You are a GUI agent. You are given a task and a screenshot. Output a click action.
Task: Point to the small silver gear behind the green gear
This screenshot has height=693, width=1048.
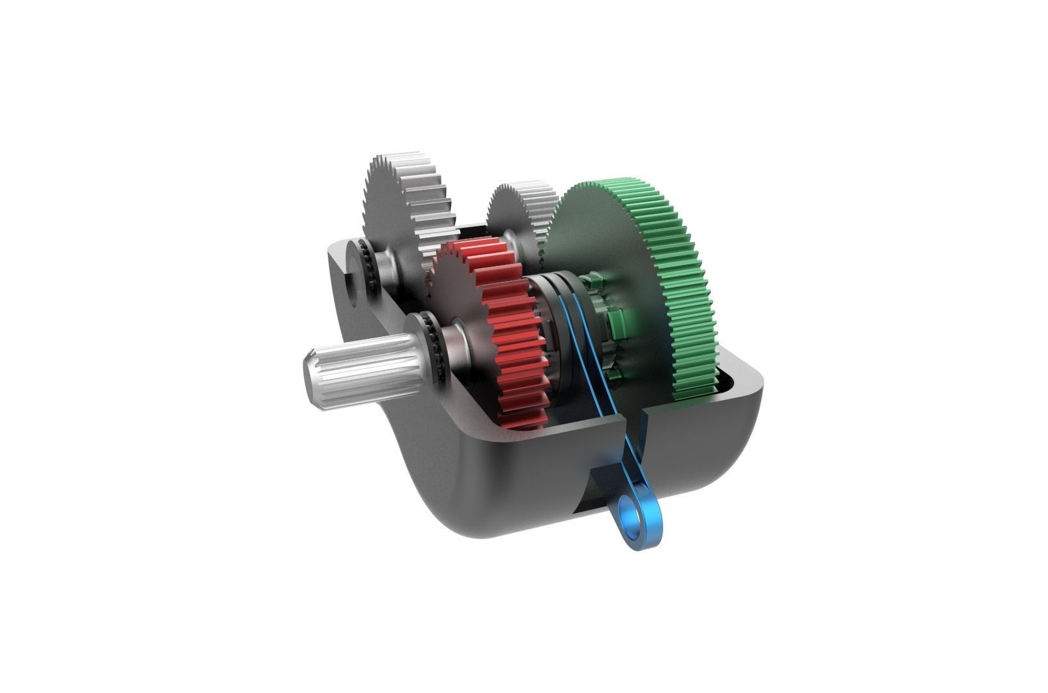[x=520, y=212]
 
